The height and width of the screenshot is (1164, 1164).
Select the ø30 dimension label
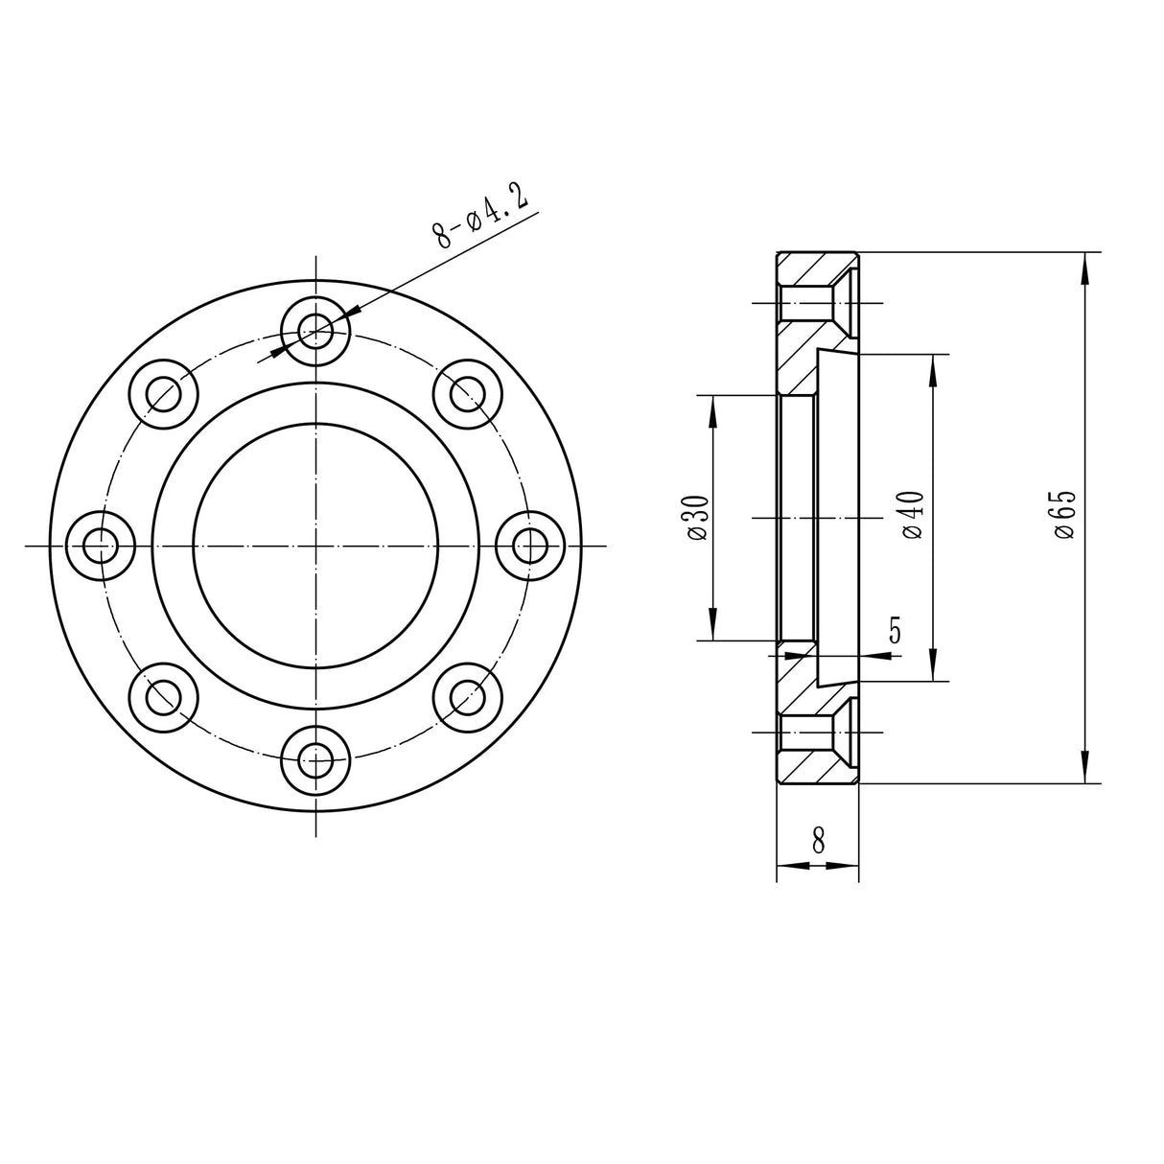pos(697,518)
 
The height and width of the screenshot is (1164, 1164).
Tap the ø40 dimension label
pos(913,515)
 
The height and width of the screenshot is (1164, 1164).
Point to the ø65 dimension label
pos(1064,515)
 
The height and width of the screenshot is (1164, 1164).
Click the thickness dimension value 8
pos(818,841)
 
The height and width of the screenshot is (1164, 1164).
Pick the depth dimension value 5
pos(895,631)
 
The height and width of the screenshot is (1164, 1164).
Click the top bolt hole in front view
pos(315,332)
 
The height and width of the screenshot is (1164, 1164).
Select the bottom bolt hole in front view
pos(315,760)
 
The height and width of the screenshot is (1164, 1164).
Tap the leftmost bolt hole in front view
pos(101,546)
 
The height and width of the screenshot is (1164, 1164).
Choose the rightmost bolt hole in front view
pos(529,546)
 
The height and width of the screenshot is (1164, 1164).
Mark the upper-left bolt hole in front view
pos(164,394)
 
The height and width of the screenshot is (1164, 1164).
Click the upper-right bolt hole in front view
pos(467,394)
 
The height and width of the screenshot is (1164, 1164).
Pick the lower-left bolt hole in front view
pos(164,697)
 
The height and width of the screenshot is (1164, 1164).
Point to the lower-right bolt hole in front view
pos(467,697)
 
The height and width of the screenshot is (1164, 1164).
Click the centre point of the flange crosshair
pos(315,546)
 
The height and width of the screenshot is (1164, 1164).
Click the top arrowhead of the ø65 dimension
pos(1085,268)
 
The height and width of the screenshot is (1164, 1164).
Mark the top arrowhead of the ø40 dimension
pos(933,370)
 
